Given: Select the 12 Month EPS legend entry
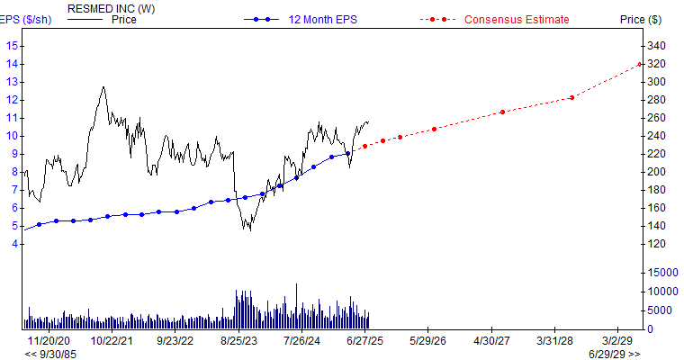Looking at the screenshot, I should coord(316,20).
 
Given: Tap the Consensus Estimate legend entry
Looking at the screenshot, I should coord(517,20).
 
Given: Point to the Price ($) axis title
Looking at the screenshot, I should coord(641,20).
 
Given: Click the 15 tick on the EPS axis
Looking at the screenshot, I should coord(13,45).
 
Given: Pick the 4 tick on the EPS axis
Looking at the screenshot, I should coord(14,244).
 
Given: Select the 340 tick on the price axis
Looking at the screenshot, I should coord(658,45).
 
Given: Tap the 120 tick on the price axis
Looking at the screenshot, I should coord(658,244).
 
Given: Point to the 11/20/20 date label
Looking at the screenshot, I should coord(49,341).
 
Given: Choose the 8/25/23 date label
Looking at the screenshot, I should coord(238,341).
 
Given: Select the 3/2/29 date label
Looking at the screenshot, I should coord(617,341).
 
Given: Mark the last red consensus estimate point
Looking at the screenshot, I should coord(640,64).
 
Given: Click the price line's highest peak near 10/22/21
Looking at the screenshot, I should coord(104,86).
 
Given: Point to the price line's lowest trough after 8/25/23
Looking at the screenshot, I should coord(249,230).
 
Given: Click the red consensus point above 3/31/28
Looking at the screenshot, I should coord(572,97).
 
